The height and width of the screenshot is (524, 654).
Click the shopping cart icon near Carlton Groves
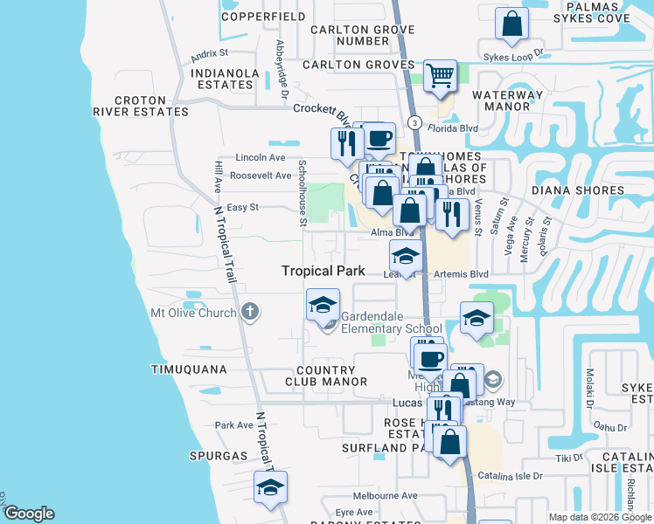pyautogui.click(x=440, y=75)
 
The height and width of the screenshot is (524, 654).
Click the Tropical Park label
pyautogui.click(x=323, y=271)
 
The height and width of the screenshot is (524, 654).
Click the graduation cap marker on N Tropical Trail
pyautogui.click(x=270, y=487)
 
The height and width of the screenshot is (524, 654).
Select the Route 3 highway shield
pyautogui.click(x=414, y=122)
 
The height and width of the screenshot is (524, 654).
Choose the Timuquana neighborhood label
pyautogui.click(x=189, y=369)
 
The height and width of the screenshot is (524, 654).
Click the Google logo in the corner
pyautogui.click(x=29, y=514)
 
